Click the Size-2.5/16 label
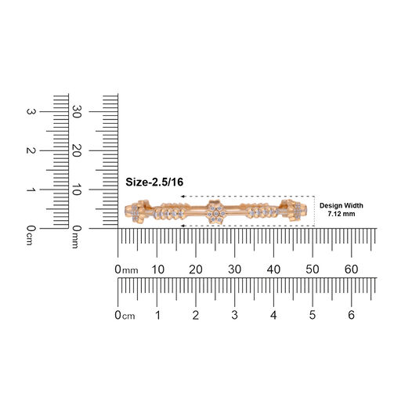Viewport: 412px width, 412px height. click(154, 182)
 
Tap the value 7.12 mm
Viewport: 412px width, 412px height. click(341, 214)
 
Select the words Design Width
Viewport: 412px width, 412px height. click(341, 205)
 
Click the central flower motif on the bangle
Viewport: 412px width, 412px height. click(216, 212)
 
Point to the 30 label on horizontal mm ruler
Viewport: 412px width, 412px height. click(235, 269)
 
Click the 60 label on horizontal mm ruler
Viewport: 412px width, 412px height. click(352, 269)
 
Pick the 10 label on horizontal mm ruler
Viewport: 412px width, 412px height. click(158, 269)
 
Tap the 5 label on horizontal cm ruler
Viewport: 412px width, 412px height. click(313, 315)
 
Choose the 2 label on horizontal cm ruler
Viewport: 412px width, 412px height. click(196, 315)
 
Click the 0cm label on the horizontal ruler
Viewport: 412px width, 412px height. click(125, 316)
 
